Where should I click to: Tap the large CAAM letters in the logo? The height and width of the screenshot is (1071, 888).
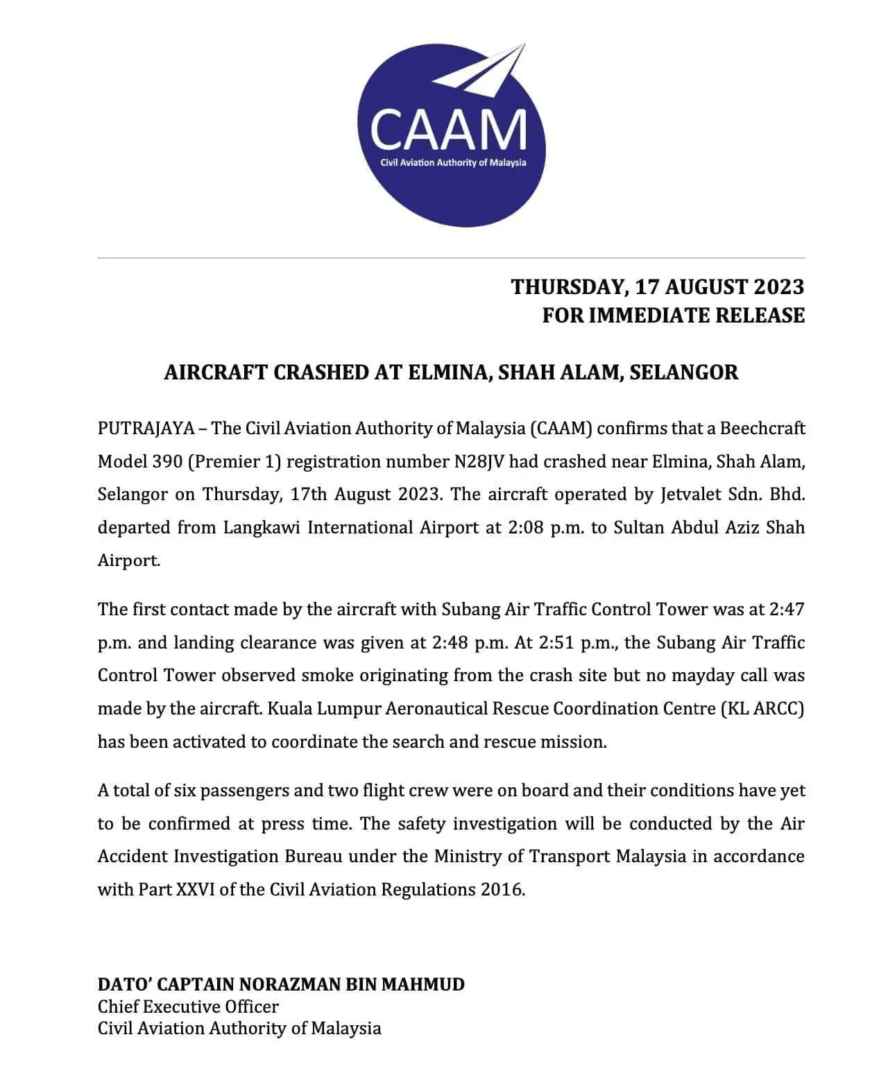tap(448, 130)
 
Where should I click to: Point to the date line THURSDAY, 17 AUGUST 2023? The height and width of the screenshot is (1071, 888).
tap(657, 286)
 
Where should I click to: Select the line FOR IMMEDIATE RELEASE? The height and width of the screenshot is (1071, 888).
tap(673, 316)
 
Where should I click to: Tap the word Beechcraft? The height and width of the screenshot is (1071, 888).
tap(762, 428)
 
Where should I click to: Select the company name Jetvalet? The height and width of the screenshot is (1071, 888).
tap(693, 494)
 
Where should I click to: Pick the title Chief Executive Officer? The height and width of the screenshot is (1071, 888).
tap(188, 1006)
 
